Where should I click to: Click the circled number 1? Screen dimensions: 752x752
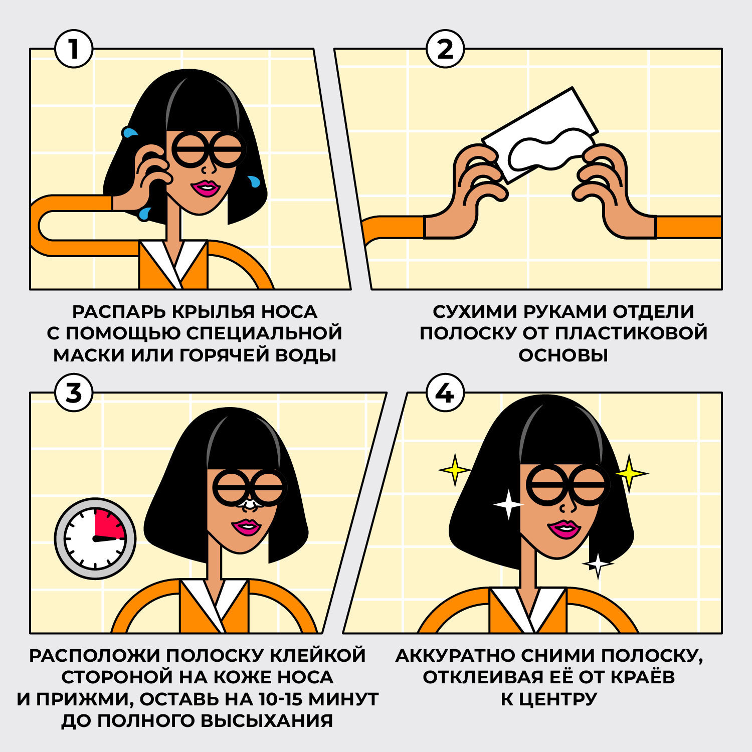(x=74, y=49)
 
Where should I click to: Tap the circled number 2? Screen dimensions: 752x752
(x=445, y=49)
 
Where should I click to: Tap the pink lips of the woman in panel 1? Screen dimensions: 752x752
(x=206, y=188)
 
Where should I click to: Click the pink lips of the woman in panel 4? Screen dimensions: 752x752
(x=564, y=529)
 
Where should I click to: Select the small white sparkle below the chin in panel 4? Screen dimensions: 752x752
(x=598, y=565)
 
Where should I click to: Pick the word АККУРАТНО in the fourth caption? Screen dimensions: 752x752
(x=458, y=655)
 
